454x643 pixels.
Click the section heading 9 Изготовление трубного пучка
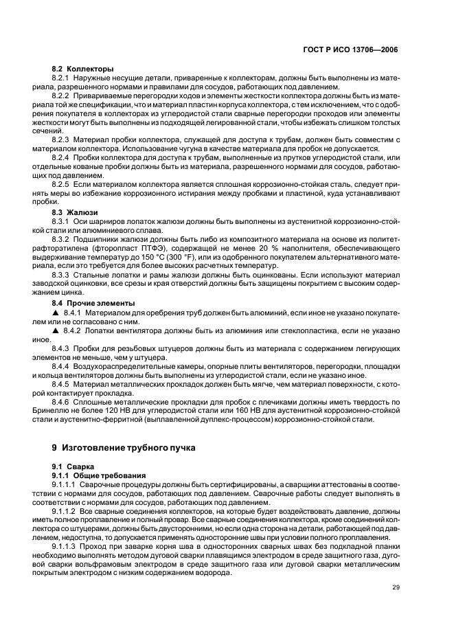pyautogui.click(x=124, y=447)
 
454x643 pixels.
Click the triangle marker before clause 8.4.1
pyautogui.click(x=56, y=313)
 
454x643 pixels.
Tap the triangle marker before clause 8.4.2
pyautogui.click(x=56, y=330)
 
